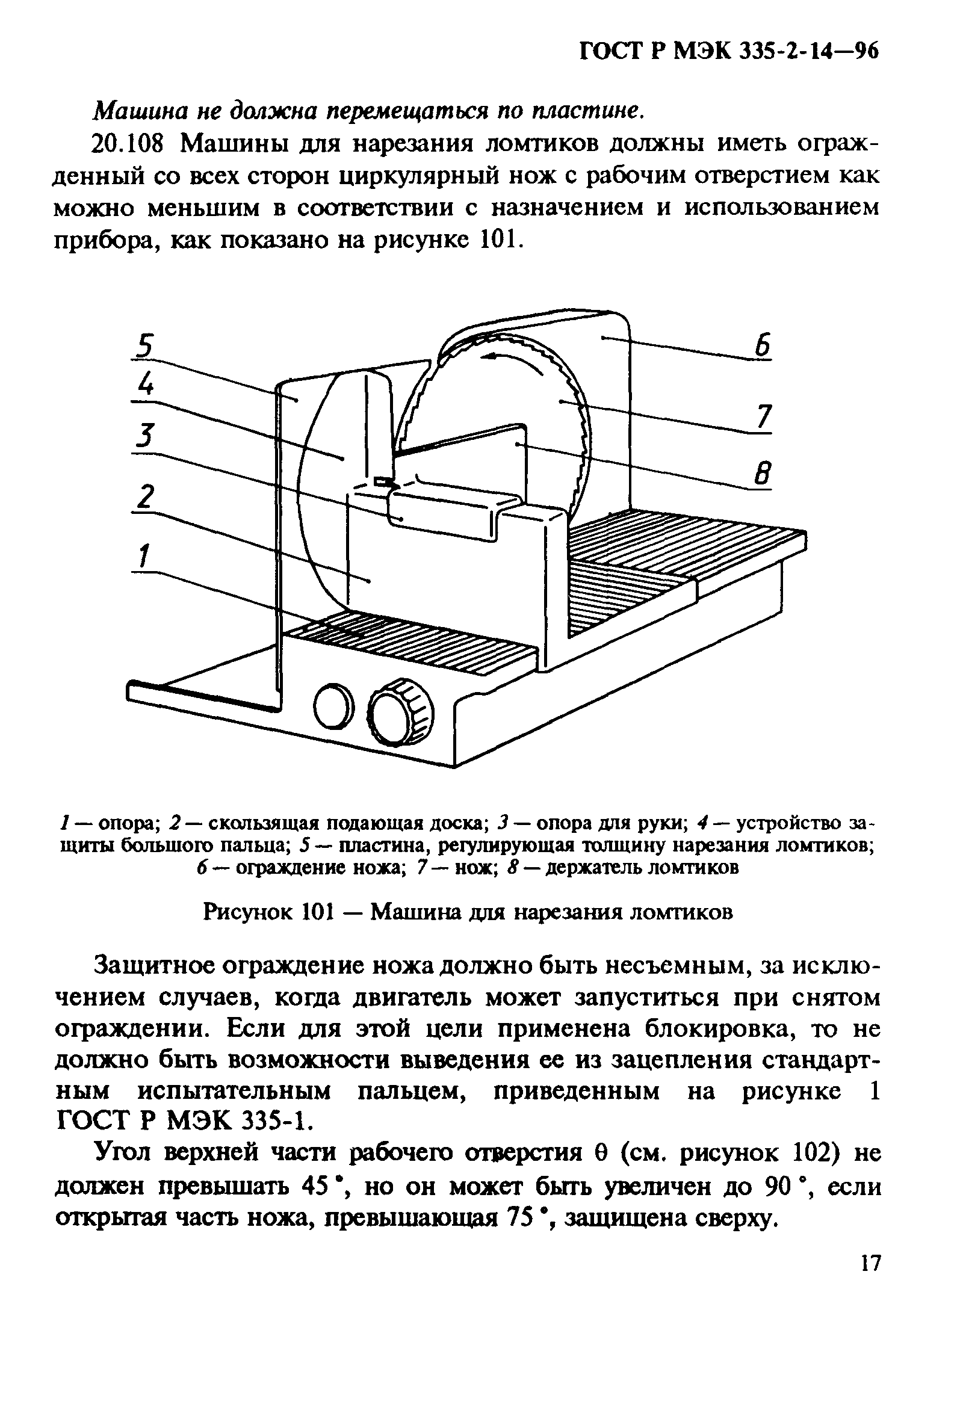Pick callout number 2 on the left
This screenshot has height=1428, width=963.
pos(144,496)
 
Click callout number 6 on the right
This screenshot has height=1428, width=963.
pos(761,345)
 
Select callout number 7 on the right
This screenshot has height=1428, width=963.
pos(763,418)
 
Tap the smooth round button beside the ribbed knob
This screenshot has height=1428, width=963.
pos(333,704)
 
